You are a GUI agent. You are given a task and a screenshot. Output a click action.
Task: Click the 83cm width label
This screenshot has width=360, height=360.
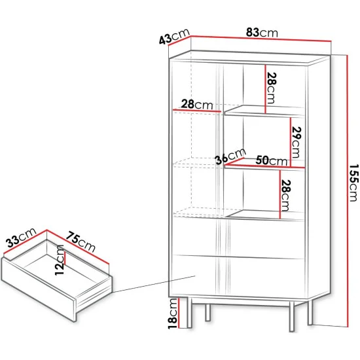click(262, 33)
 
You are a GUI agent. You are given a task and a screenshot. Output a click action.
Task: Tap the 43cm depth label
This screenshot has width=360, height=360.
click(174, 36)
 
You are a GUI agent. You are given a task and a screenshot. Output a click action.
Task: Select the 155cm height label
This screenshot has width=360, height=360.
click(353, 183)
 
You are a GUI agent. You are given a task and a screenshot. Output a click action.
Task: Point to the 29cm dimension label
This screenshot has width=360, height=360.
click(297, 142)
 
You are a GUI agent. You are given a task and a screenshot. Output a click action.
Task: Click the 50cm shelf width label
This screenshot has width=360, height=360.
click(272, 160)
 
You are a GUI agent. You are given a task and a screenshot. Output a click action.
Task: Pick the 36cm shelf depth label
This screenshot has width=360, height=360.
click(230, 156)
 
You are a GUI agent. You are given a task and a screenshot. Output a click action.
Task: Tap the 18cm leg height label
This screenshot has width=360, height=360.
click(173, 314)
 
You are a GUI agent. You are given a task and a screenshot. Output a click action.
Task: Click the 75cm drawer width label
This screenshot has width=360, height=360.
click(81, 242)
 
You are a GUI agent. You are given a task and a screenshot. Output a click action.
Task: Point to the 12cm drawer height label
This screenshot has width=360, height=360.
click(59, 260)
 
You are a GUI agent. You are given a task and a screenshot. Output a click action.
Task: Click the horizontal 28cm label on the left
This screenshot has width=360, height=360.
click(197, 105)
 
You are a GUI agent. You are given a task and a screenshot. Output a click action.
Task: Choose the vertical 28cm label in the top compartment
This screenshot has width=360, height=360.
click(272, 88)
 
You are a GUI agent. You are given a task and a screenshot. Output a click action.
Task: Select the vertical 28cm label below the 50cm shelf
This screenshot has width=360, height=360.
click(286, 196)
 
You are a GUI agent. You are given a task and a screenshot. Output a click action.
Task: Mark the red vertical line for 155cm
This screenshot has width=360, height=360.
click(348, 190)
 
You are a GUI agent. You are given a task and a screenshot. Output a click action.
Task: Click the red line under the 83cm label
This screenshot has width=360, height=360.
click(261, 39)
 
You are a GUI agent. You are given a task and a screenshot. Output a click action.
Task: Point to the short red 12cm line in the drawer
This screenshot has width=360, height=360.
click(65, 259)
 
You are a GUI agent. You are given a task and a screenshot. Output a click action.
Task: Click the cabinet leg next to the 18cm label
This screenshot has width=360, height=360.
click(190, 312)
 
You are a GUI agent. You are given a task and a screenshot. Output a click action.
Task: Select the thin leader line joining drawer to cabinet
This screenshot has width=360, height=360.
click(154, 284)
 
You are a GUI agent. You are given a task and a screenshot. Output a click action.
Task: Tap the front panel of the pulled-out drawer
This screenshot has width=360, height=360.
click(39, 290)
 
